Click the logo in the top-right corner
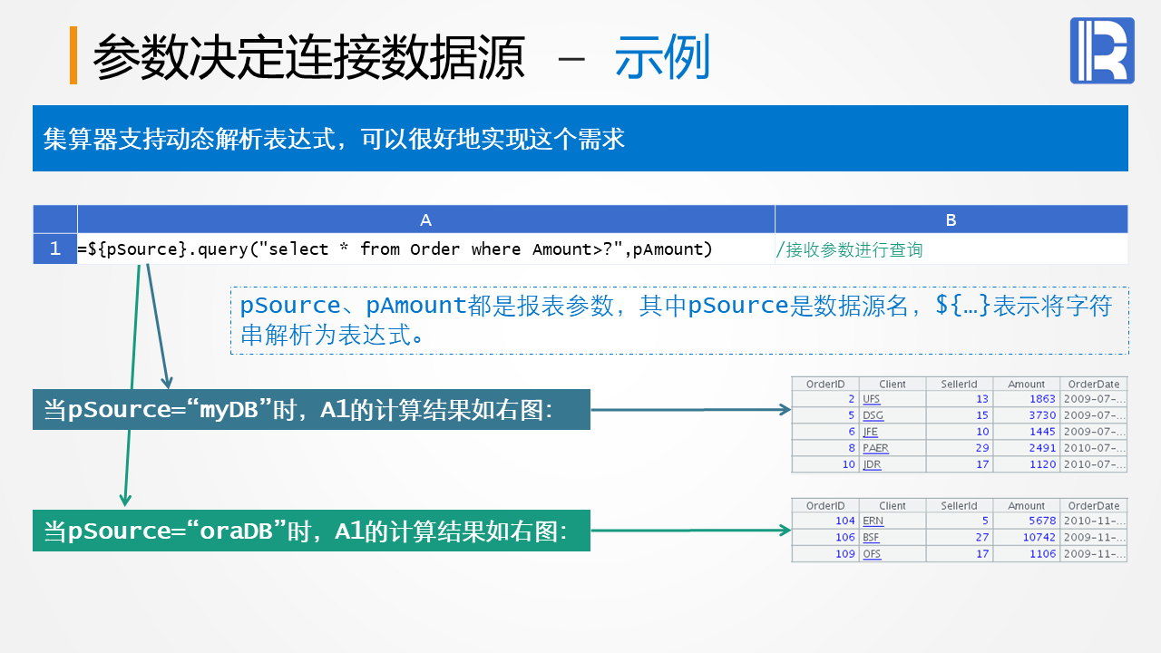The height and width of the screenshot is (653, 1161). (1102, 51)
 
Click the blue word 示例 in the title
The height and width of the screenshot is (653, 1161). (662, 58)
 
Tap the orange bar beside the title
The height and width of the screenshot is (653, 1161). (73, 55)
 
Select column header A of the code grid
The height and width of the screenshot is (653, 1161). (425, 219)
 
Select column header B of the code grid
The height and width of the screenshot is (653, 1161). (951, 219)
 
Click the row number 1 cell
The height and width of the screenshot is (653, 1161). (55, 249)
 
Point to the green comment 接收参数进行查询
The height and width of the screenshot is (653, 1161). (850, 249)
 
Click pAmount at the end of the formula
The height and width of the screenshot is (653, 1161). (672, 249)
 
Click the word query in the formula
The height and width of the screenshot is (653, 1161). (225, 249)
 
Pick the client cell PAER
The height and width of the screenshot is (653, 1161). (875, 448)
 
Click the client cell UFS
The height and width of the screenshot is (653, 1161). (871, 399)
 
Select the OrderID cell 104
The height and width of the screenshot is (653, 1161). (845, 521)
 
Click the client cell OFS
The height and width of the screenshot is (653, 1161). (871, 554)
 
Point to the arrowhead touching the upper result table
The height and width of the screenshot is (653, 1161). (785, 410)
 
